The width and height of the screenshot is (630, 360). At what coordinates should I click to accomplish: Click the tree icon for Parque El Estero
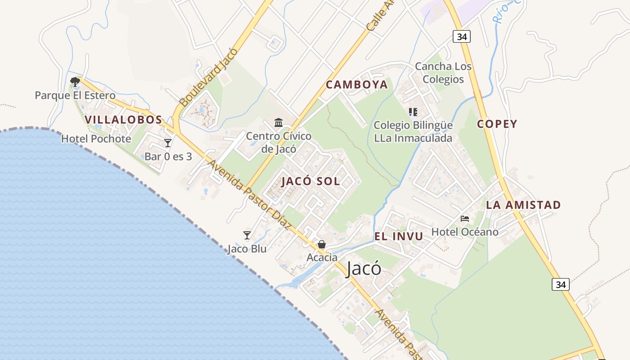(75, 81)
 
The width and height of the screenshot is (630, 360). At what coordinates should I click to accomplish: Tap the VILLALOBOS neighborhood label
(123, 120)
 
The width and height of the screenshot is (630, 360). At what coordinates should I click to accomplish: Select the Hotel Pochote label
(96, 139)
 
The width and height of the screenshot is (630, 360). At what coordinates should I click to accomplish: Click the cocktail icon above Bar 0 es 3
(168, 143)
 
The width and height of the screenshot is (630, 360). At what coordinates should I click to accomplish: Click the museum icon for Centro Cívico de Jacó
(279, 122)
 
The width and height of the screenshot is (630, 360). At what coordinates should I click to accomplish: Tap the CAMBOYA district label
(356, 85)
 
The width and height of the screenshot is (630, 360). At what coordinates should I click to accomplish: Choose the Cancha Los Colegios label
(443, 73)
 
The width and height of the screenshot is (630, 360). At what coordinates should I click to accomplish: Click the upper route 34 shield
(462, 37)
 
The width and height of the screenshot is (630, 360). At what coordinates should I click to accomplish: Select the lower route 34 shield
(560, 284)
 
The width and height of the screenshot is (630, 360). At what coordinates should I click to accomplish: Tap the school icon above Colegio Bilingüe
(413, 112)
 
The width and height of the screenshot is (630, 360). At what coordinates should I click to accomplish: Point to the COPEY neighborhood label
(497, 124)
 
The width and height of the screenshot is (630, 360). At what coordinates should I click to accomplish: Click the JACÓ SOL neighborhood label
(310, 182)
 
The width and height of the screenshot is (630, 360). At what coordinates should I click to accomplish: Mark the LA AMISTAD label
(523, 205)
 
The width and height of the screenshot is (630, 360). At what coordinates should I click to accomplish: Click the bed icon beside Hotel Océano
(465, 219)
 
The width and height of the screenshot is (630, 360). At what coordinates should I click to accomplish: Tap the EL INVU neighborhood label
(398, 237)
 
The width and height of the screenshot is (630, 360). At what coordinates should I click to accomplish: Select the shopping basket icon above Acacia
(322, 244)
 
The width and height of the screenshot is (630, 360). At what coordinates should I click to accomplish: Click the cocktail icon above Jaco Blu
(247, 235)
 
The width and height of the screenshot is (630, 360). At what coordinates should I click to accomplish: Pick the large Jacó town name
(364, 269)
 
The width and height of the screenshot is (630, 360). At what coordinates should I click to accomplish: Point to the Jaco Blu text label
(247, 249)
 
